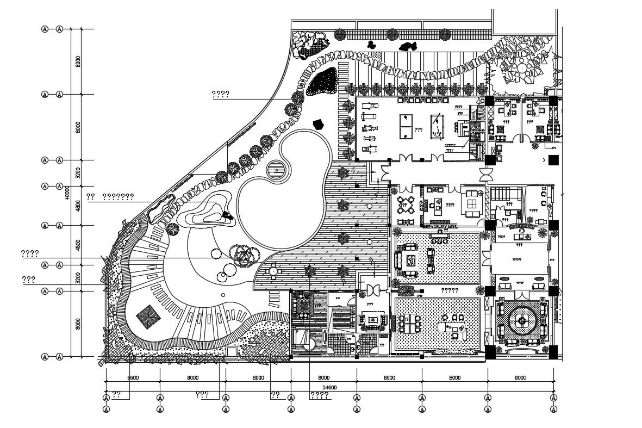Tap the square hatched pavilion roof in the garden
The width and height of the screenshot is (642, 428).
(x=147, y=315)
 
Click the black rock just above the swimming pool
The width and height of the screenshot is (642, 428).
(x=319, y=125)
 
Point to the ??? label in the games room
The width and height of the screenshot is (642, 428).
(x=419, y=131)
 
